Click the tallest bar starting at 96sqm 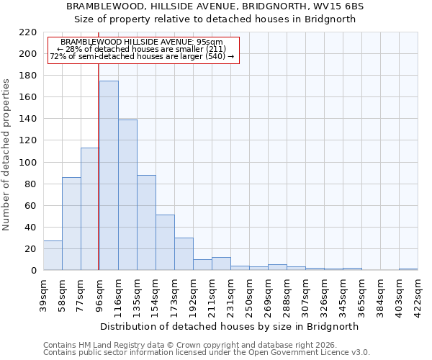pyautogui.click(x=109, y=176)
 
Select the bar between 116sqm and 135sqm pyautogui.click(x=127, y=195)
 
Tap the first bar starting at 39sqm pyautogui.click(x=53, y=256)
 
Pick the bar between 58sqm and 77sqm pyautogui.click(x=71, y=223)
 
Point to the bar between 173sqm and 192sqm pyautogui.click(x=184, y=254)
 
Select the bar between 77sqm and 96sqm pyautogui.click(x=90, y=209)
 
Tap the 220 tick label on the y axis pyautogui.click(x=29, y=32)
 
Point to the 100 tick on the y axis pyautogui.click(x=29, y=163)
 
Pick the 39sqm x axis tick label pyautogui.click(x=43, y=292)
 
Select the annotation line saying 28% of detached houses pyautogui.click(x=142, y=49)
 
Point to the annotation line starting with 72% pyautogui.click(x=142, y=56)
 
